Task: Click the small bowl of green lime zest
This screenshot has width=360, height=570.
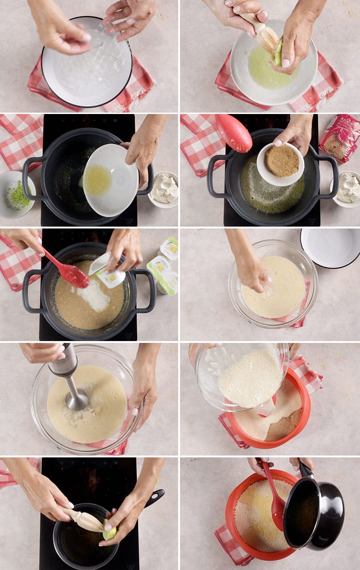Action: pyautogui.click(x=18, y=194)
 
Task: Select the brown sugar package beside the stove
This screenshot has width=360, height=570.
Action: pyautogui.click(x=341, y=137)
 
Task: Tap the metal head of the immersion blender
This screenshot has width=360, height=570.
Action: pyautogui.click(x=77, y=400)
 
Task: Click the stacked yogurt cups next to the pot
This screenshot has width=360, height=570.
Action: pyautogui.click(x=165, y=268)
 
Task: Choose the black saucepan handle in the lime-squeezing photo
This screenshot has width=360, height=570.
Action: pyautogui.click(x=155, y=497)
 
